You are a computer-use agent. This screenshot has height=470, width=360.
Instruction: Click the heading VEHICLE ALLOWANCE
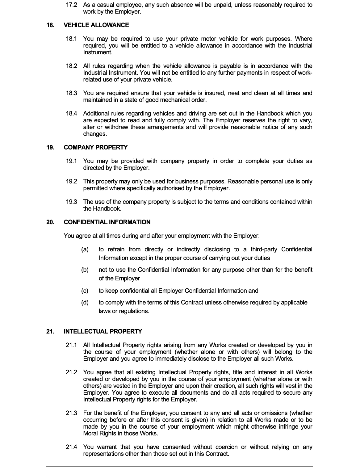point(96,25)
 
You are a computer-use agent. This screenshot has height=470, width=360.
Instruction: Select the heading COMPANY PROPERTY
point(96,148)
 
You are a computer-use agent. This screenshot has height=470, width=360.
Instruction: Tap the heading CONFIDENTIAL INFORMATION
point(107,222)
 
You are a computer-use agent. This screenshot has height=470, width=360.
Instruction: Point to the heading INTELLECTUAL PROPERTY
point(103,332)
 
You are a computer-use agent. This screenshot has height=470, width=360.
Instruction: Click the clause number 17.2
point(71,5)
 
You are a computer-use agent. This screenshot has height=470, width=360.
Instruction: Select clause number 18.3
point(71,93)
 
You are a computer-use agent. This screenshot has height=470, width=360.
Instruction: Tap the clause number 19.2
point(71,182)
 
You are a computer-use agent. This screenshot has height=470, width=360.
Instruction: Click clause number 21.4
point(71,447)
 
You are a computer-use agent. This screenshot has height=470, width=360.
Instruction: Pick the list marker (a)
point(85,250)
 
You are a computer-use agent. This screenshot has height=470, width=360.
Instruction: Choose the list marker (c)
point(85,291)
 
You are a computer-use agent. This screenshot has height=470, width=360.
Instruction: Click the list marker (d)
point(85,303)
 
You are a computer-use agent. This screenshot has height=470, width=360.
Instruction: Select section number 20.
point(50,222)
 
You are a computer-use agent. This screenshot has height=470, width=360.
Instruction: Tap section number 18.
point(50,25)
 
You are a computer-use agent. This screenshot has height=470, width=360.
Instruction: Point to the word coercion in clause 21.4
point(227,447)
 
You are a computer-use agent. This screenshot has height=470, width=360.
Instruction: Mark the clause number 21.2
point(71,372)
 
